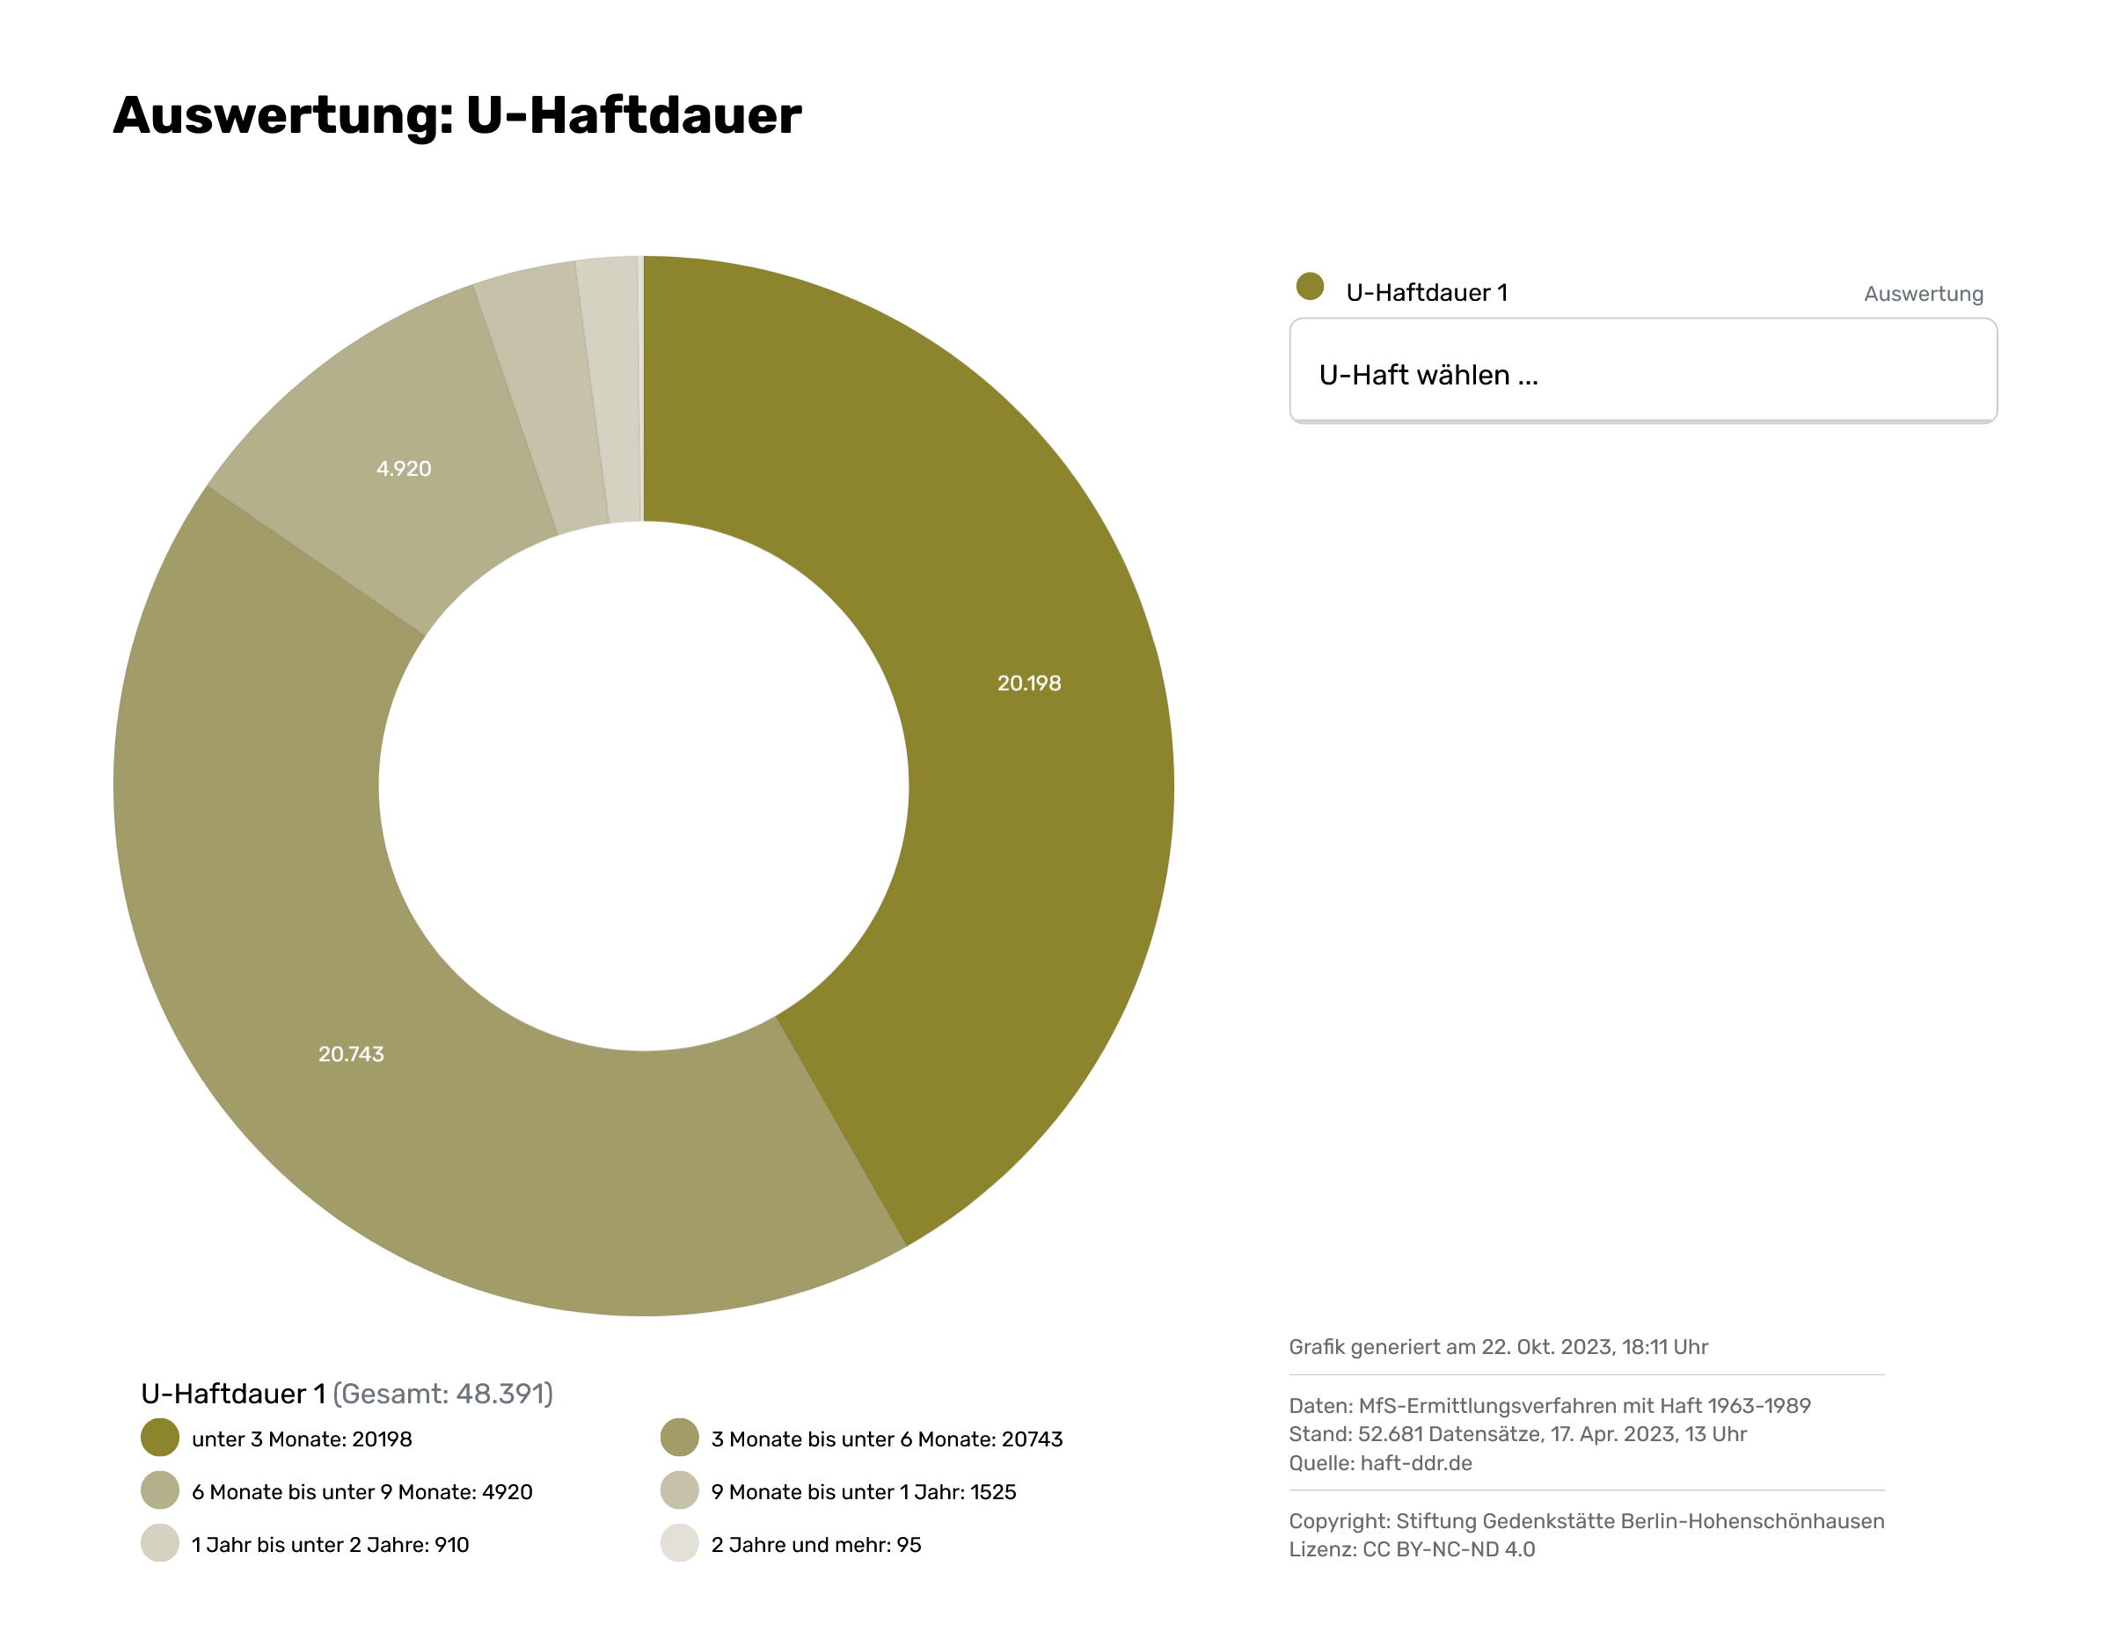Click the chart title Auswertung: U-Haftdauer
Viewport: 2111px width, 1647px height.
pyautogui.click(x=457, y=116)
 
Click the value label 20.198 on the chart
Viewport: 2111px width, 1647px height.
pyautogui.click(x=1028, y=684)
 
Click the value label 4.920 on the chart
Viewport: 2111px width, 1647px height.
pyautogui.click(x=403, y=469)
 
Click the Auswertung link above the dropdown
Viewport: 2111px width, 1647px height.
pyautogui.click(x=1923, y=294)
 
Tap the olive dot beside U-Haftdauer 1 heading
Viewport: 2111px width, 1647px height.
pyautogui.click(x=1310, y=286)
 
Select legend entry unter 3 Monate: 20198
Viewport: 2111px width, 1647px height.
pyautogui.click(x=302, y=1439)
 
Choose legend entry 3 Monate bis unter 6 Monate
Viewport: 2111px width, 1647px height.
pyautogui.click(x=887, y=1439)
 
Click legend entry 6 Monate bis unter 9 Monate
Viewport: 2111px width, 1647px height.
pyautogui.click(x=362, y=1492)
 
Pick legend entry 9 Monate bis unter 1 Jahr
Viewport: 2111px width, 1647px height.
pyautogui.click(x=863, y=1492)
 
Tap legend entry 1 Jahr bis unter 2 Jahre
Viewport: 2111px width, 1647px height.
pyautogui.click(x=330, y=1545)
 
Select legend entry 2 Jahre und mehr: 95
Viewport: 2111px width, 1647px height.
pyautogui.click(x=815, y=1545)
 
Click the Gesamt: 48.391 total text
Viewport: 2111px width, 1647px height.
pyautogui.click(x=442, y=1394)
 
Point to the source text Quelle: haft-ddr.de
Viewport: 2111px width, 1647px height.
pyautogui.click(x=1380, y=1463)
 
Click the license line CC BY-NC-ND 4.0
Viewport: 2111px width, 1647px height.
pyautogui.click(x=1411, y=1549)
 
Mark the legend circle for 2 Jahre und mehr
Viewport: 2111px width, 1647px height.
pyautogui.click(x=680, y=1543)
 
